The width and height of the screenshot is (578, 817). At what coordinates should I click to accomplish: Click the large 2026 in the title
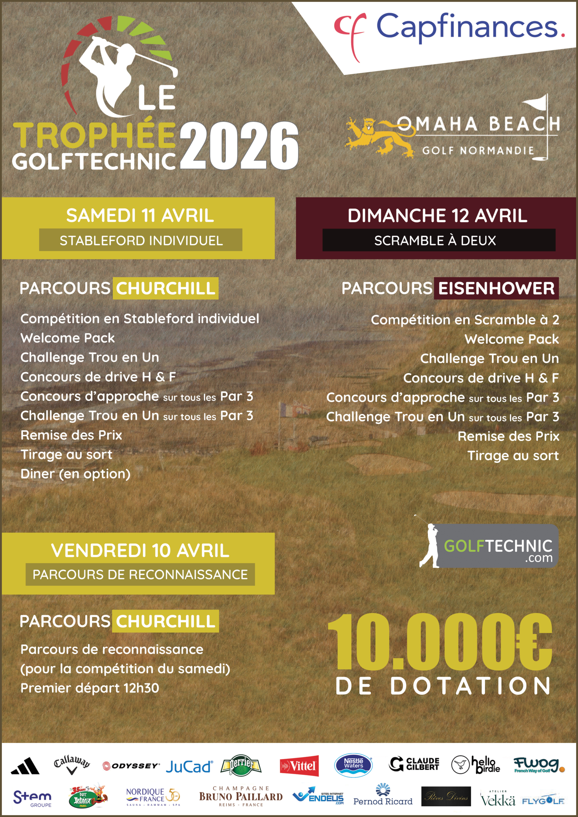[x=239, y=146]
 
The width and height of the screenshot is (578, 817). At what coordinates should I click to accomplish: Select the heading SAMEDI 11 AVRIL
[x=140, y=216]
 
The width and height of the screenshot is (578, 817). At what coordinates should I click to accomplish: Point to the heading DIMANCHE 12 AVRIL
[x=437, y=216]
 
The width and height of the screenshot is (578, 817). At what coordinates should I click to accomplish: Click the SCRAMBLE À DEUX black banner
[x=438, y=241]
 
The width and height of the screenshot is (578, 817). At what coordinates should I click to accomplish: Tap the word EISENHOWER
[x=496, y=288]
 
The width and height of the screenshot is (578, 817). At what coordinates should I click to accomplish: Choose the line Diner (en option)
[x=75, y=474]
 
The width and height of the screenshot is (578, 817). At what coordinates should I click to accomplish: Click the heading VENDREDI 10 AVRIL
[x=140, y=551]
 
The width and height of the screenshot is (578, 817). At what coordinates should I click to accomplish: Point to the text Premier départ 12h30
[x=90, y=688]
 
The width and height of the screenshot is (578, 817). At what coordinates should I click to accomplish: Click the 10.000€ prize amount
[x=440, y=643]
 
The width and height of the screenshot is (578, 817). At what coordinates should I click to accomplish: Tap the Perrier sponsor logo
[x=241, y=765]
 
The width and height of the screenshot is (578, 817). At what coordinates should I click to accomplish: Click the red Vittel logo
[x=299, y=766]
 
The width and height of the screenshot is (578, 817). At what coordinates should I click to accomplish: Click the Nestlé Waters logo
[x=353, y=765]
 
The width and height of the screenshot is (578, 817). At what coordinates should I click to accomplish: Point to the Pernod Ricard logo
[x=383, y=796]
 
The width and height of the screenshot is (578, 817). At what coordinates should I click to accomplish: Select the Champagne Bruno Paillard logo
[x=241, y=796]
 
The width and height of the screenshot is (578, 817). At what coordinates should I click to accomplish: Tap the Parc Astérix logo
[x=87, y=796]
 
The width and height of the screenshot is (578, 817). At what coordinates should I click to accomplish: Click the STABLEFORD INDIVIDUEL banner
[x=141, y=241]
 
